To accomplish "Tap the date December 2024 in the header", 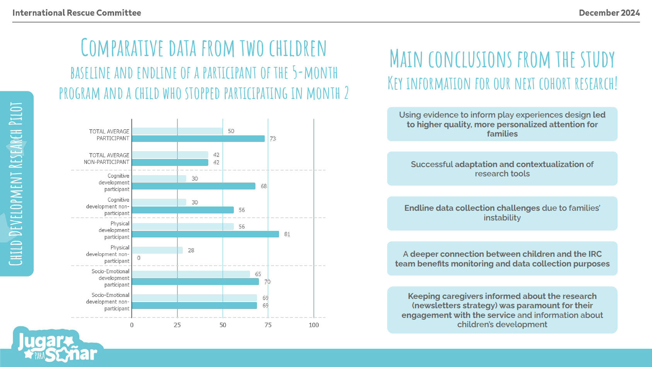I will pos(609,13).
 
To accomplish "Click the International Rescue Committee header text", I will pos(77,13).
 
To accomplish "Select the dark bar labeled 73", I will pos(198,139).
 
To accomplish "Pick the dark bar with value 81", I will pos(205,234).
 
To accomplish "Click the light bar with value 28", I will pos(157,250).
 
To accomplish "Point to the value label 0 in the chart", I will pos(139,258).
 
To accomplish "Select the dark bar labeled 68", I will pos(193,186).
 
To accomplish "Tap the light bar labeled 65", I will pos(191,274).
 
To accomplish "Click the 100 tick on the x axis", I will pos(314,325).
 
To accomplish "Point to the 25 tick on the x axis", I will pos(177,325).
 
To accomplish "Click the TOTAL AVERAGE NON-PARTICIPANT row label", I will pos(107,159).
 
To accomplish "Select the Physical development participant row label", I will pos(114,230).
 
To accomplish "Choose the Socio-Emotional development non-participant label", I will pos(108,302).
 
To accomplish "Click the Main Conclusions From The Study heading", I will pos(502,59).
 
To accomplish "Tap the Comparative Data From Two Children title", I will pos(204,48).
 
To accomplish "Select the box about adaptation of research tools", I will pos(502,169).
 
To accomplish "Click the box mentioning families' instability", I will pos(502,213).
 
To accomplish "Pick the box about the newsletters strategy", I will pos(502,310).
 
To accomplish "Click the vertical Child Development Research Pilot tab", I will pos(16,184).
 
